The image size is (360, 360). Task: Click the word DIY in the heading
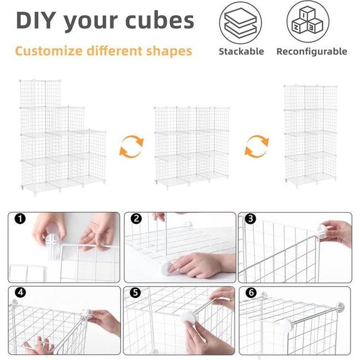(x=36, y=21)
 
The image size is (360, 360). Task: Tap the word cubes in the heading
(x=160, y=21)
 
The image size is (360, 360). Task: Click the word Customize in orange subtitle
(x=49, y=51)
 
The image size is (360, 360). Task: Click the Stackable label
(x=241, y=51)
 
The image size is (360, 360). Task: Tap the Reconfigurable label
(x=312, y=51)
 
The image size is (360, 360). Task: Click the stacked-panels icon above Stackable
(x=240, y=23)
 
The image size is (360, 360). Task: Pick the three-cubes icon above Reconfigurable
(x=308, y=21)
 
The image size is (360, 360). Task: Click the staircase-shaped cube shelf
(x=63, y=137)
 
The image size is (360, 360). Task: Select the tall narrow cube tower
(x=310, y=136)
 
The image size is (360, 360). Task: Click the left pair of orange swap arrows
(x=132, y=147)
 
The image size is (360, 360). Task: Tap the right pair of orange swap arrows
(x=257, y=147)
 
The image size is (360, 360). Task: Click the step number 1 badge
(x=20, y=219)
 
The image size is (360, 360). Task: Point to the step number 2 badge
(x=136, y=218)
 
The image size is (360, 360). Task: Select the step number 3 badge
(x=250, y=218)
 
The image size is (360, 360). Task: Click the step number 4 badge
(x=21, y=292)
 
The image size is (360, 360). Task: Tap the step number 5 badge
(x=135, y=292)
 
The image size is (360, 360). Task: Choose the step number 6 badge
(x=251, y=292)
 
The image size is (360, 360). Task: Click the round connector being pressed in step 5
(x=189, y=318)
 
